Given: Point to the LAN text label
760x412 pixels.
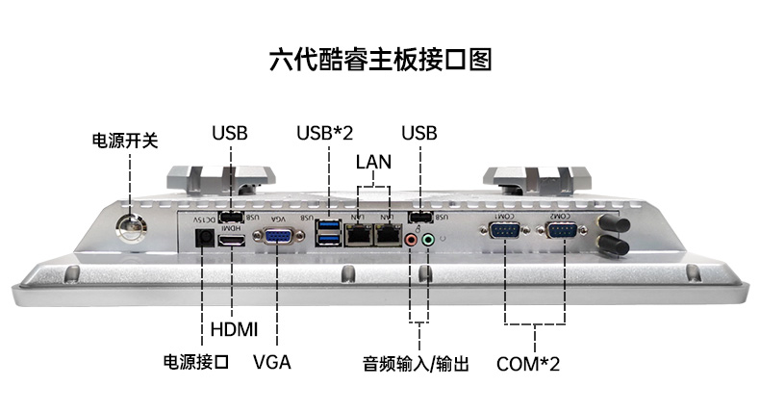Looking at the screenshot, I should click(373, 161).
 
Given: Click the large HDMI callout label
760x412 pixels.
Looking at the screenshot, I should click(234, 329).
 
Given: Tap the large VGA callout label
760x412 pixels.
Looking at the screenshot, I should click(271, 363).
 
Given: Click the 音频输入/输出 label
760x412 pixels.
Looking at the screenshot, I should click(416, 364).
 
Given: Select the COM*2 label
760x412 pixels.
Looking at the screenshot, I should click(528, 364).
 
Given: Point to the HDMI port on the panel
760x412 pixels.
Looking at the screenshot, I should click(232, 239).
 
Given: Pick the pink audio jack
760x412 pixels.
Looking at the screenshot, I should click(411, 240).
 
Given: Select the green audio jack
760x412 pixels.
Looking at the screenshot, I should click(428, 239).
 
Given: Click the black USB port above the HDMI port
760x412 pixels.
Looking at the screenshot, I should click(231, 217).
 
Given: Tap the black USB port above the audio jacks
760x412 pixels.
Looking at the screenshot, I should click(420, 217).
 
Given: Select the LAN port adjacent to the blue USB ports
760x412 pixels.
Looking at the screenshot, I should click(358, 235).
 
